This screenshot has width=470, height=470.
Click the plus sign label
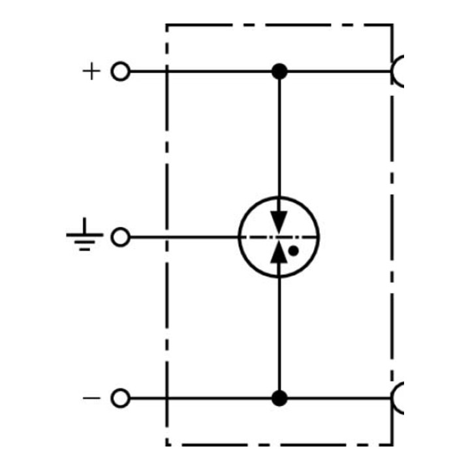[x=91, y=71]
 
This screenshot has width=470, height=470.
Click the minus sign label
[x=91, y=398]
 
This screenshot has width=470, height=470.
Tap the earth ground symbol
[x=84, y=234]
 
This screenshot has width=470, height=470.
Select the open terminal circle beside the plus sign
[x=121, y=71]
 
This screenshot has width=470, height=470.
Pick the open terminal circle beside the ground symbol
[x=121, y=237]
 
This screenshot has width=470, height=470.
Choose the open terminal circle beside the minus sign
[x=121, y=398]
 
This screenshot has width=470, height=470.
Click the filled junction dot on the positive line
[x=279, y=71]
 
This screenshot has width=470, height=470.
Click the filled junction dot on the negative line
[x=279, y=398]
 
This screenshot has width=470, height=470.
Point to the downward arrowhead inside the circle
[x=279, y=223]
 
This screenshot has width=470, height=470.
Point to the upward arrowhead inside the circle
[x=279, y=252]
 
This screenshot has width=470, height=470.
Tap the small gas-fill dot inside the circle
[x=293, y=251]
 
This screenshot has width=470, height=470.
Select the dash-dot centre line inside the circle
[x=279, y=237]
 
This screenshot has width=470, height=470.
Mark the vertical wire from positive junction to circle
[x=279, y=141]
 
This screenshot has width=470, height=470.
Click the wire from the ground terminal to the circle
[x=184, y=237]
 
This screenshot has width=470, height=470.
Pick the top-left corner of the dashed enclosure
[x=167, y=25]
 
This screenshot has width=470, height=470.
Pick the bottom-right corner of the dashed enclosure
[x=392, y=445]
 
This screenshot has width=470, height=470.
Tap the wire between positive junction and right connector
[x=339, y=71]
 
